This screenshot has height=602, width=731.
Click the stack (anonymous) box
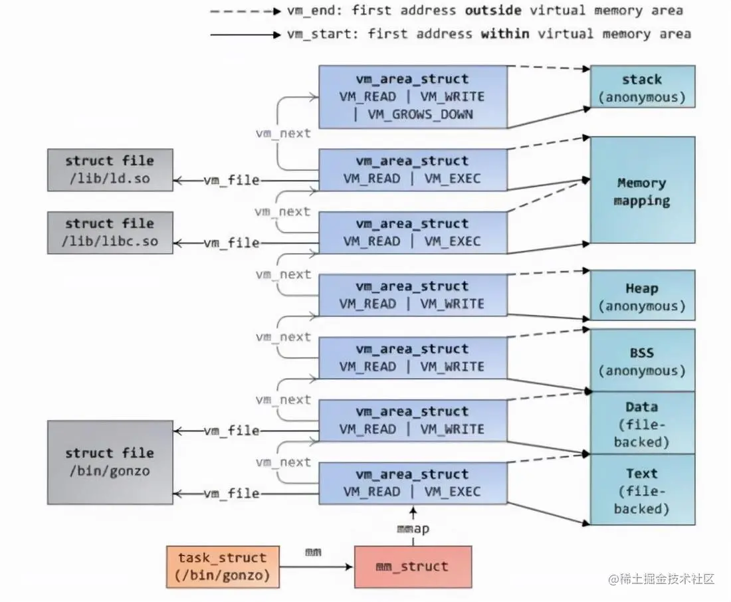click(643, 87)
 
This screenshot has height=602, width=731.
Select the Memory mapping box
click(643, 190)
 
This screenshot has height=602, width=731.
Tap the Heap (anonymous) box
click(643, 295)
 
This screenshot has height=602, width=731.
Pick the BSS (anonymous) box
click(643, 360)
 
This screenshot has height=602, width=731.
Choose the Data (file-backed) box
click(643, 423)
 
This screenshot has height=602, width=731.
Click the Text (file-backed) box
click(643, 490)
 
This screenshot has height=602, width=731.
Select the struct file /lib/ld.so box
click(110, 169)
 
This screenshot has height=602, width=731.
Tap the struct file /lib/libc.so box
click(110, 233)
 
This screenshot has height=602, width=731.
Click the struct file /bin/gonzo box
click(110, 462)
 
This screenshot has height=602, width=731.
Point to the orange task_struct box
click(223, 567)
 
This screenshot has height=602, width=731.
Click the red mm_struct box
click(413, 567)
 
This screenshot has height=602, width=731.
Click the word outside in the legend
click(493, 10)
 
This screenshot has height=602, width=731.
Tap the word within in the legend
click(505, 34)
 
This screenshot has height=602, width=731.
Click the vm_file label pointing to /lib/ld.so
click(231, 180)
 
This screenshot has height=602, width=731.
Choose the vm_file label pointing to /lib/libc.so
click(231, 243)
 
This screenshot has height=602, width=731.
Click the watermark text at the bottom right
click(661, 579)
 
